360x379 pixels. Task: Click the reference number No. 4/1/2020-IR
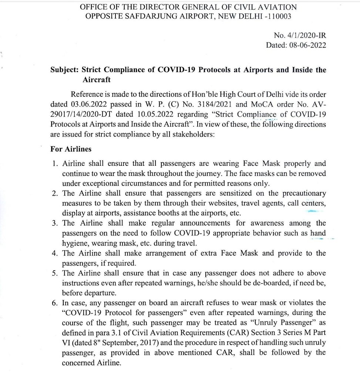(x=300, y=36)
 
